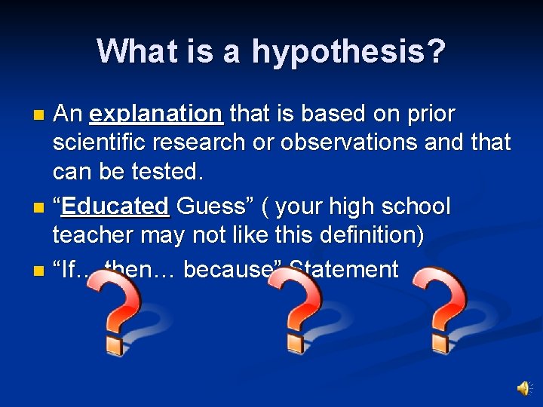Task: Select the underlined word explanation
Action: point(155,115)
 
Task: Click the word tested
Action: point(170,171)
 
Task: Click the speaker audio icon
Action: point(523,387)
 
